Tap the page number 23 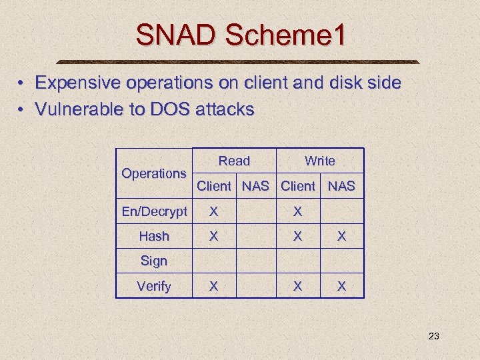pos(433,336)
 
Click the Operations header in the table pos(153,173)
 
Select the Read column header pos(234,161)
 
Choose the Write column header pos(319,161)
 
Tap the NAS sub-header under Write pos(341,186)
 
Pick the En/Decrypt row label pos(154,211)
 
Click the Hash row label pos(154,236)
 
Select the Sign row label pos(154,261)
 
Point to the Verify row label pos(154,286)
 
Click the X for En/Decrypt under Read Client pos(213,211)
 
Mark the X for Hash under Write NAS pos(341,236)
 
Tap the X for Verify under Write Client pos(298,286)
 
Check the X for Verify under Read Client pos(213,286)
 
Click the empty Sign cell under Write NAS pos(341,261)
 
